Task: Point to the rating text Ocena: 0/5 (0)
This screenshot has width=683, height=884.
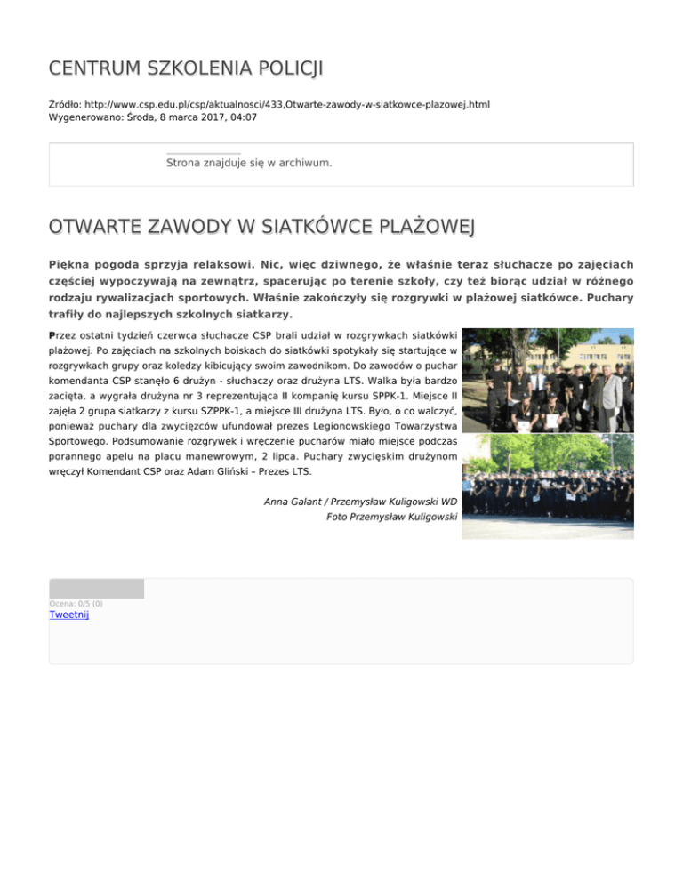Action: tap(76, 603)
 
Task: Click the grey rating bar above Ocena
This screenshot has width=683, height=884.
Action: tap(96, 588)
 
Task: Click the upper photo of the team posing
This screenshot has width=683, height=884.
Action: tap(547, 381)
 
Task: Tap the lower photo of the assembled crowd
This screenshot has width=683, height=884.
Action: tap(547, 486)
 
